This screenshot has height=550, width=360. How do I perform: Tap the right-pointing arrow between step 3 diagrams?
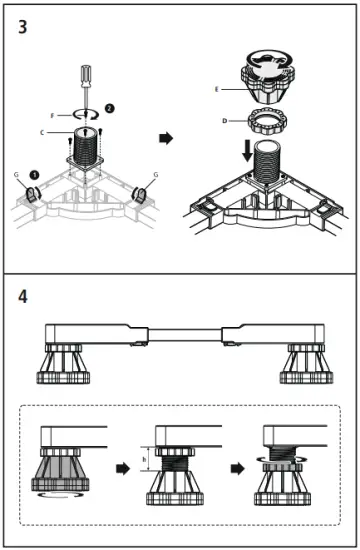pyautogui.click(x=167, y=137)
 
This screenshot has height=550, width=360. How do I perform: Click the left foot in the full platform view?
pyautogui.click(x=61, y=367)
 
